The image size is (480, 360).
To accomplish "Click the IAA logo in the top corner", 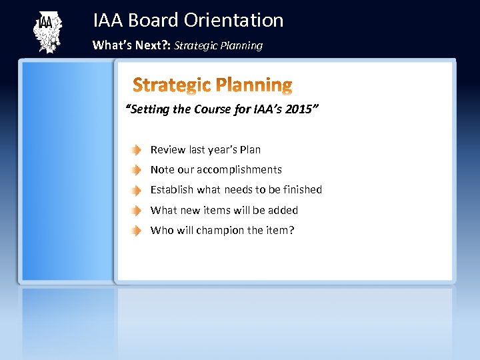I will point(47,32).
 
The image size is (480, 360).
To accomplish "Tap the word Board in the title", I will point(153,21).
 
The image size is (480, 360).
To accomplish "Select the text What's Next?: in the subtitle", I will point(131,45).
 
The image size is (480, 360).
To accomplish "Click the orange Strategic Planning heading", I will point(212,85).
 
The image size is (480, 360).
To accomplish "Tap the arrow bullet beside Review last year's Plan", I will point(136,150).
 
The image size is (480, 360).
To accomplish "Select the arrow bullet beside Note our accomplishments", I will point(136,170).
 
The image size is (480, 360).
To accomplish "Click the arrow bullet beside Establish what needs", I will point(136,190).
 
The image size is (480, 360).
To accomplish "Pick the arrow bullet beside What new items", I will point(136,211).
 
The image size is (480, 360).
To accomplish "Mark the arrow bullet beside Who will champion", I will point(136,231).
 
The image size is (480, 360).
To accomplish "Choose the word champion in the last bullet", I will point(220,231).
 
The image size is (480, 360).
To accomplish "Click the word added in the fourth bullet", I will point(283,211).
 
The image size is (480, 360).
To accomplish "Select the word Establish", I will point(172,190).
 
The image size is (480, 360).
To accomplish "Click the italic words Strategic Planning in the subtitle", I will point(219,45).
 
